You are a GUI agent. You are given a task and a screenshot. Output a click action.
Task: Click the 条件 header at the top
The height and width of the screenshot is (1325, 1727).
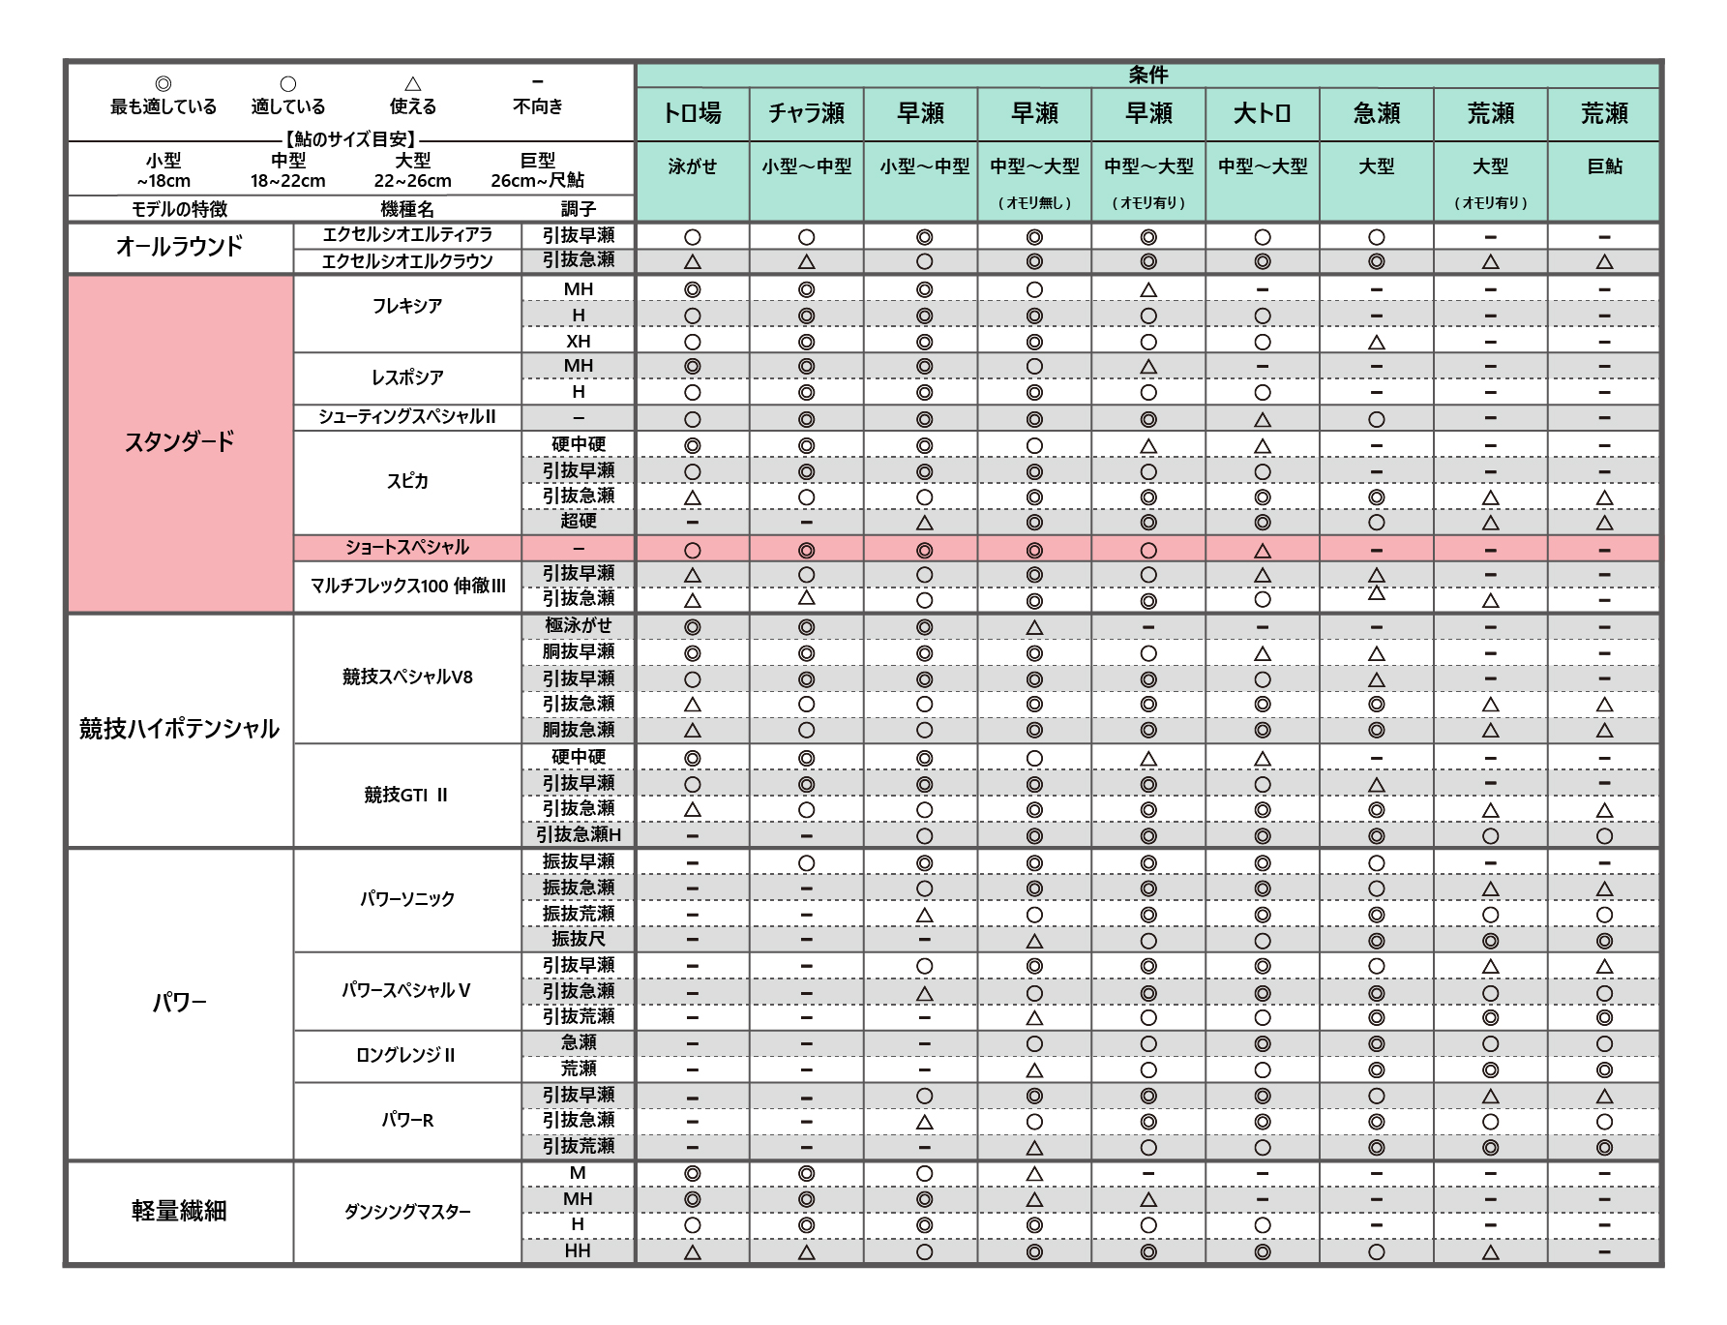pyautogui.click(x=1147, y=75)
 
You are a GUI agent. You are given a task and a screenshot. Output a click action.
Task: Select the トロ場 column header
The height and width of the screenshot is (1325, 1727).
pyautogui.click(x=692, y=114)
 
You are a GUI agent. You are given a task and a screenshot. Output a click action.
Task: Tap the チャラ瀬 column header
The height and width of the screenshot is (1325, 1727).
pyautogui.click(x=806, y=114)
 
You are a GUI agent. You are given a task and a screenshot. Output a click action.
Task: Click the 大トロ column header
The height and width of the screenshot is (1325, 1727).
pyautogui.click(x=1262, y=114)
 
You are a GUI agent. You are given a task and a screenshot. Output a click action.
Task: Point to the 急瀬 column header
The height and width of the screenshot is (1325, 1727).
pyautogui.click(x=1376, y=114)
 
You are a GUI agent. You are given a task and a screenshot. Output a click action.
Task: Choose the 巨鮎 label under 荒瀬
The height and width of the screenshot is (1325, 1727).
pyautogui.click(x=1603, y=166)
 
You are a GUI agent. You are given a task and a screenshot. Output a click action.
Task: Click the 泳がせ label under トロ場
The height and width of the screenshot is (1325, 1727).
pyautogui.click(x=692, y=166)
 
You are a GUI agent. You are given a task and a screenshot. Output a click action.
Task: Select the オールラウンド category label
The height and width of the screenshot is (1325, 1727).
pyautogui.click(x=179, y=247)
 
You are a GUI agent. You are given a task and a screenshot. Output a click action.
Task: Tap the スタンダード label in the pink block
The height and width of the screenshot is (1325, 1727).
pyautogui.click(x=179, y=442)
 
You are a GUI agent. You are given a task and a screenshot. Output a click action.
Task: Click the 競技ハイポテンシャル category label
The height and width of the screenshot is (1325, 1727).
pyautogui.click(x=179, y=729)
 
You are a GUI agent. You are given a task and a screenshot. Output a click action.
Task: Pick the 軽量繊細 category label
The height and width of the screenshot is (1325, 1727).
pyautogui.click(x=179, y=1211)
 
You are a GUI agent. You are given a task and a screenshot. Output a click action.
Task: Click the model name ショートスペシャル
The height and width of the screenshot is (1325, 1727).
pyautogui.click(x=407, y=548)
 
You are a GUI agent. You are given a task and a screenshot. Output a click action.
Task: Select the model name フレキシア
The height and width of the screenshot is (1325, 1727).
pyautogui.click(x=407, y=306)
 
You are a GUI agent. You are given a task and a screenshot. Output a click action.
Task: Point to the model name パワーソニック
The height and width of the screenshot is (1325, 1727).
pyautogui.click(x=407, y=899)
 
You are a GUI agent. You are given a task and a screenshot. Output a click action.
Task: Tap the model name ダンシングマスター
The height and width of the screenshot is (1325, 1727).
pyautogui.click(x=407, y=1212)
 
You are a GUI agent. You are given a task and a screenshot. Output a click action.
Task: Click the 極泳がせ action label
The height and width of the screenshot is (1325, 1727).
pyautogui.click(x=578, y=626)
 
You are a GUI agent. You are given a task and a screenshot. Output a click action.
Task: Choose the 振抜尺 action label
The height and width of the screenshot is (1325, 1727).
pyautogui.click(x=578, y=939)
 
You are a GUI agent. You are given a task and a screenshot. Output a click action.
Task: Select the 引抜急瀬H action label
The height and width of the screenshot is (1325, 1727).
pyautogui.click(x=578, y=834)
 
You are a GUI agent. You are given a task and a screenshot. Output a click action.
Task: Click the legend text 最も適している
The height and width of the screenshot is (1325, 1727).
pyautogui.click(x=164, y=106)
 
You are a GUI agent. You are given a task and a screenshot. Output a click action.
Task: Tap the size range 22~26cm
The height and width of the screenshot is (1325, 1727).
pyautogui.click(x=412, y=181)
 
